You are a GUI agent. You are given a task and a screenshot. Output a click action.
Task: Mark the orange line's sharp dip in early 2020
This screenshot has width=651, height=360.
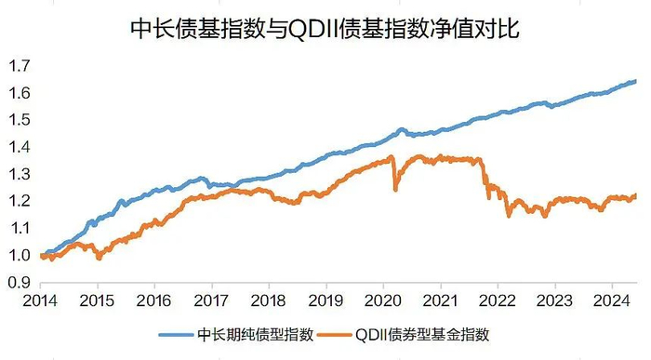pos(395,189)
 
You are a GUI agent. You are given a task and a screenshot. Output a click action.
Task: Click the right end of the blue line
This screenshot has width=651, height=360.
pos(635,81)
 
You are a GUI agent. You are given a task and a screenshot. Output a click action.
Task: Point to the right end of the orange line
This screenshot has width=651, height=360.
pos(635,195)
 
